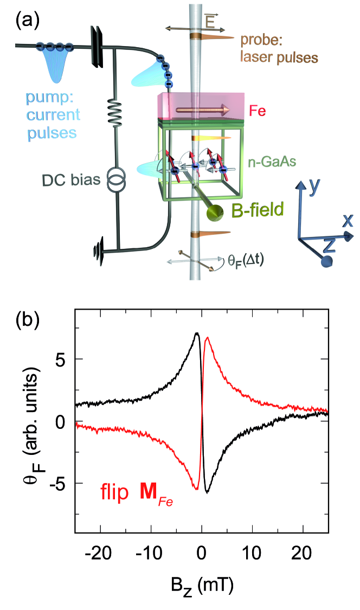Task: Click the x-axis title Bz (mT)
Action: (202, 587)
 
